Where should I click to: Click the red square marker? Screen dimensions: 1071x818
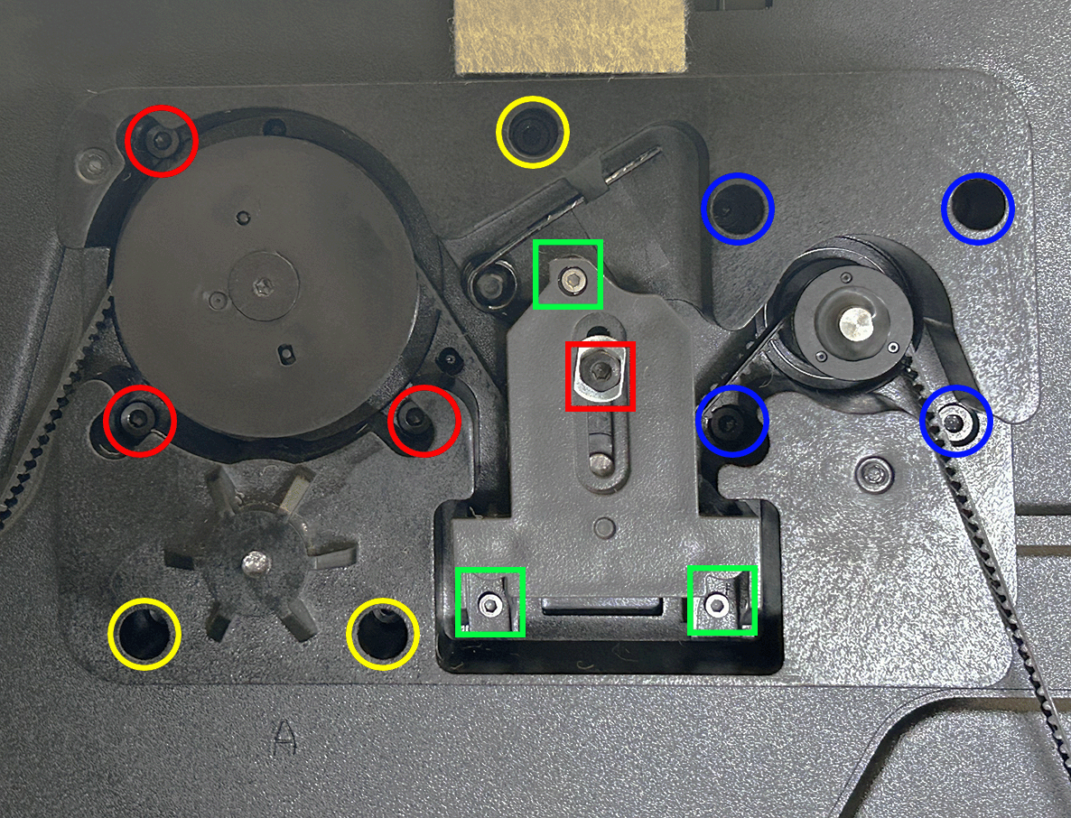601,376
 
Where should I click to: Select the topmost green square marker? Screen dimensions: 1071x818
568,274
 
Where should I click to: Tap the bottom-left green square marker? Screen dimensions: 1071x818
490,602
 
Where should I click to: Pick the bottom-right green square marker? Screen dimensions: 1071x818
722,601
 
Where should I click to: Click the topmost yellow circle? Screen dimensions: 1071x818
532,132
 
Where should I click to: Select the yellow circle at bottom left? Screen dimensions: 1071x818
144,634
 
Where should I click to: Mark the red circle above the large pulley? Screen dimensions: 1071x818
162,141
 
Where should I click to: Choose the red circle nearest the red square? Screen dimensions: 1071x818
424,421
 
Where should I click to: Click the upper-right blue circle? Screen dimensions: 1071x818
978,209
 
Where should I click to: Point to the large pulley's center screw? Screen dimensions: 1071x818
263,287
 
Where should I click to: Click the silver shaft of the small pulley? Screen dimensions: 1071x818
856,323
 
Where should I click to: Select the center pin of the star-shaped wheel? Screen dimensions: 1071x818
256,562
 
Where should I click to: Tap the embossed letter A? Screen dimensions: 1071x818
284,737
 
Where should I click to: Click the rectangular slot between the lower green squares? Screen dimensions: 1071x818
601,604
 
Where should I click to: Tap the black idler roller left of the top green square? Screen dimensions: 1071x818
489,280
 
